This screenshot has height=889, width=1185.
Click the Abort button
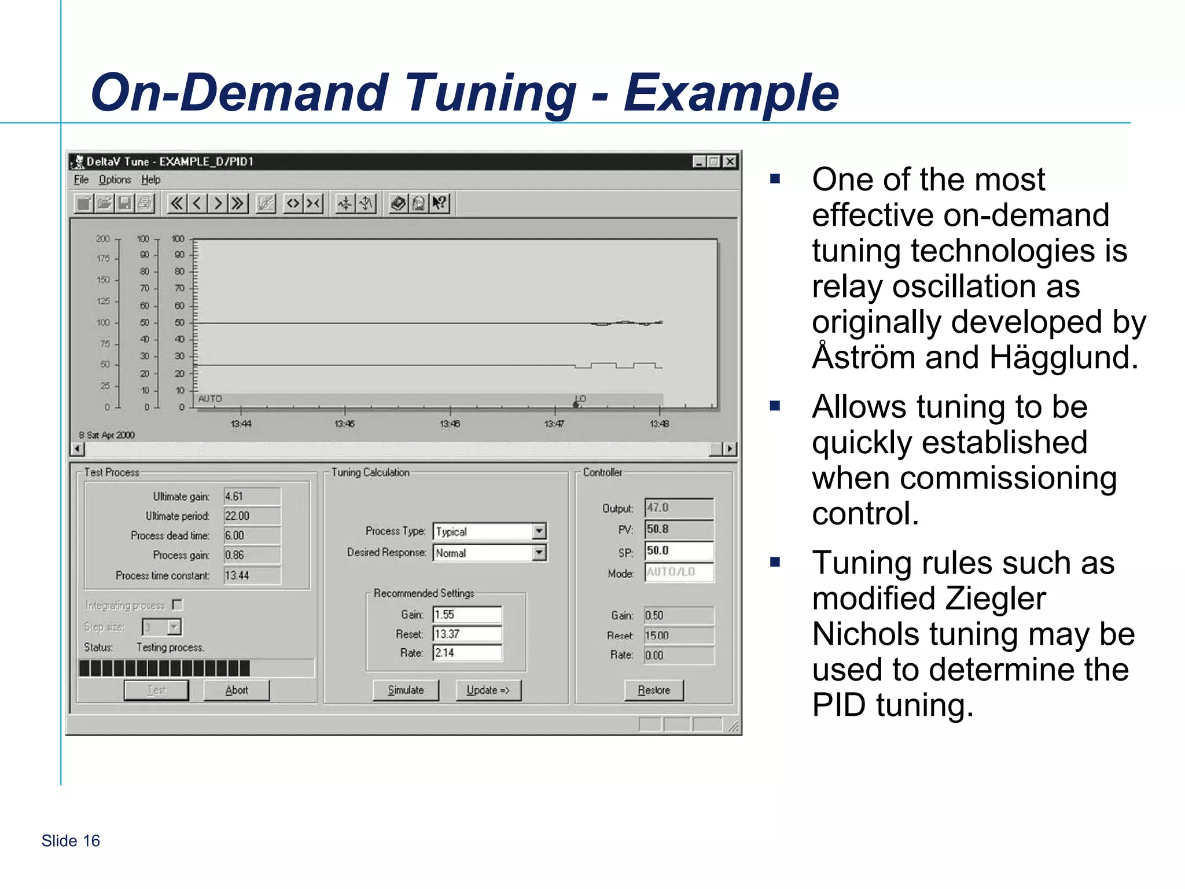[237, 690]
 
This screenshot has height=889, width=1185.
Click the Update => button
[488, 690]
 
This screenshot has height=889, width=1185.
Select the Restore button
[654, 690]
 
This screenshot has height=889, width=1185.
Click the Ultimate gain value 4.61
[252, 497]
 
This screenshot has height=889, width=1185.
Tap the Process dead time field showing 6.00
[252, 535]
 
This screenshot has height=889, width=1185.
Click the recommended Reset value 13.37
[467, 634]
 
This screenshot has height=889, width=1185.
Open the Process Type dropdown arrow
[539, 531]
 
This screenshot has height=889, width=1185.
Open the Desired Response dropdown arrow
[539, 553]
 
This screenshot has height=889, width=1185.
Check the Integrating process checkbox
[178, 605]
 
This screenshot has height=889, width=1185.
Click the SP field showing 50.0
[679, 550]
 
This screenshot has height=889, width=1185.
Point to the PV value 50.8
[679, 529]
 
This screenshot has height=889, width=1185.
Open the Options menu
[115, 179]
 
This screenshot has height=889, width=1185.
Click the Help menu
[151, 179]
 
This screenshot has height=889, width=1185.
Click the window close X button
[730, 161]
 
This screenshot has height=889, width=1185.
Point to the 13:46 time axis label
[450, 424]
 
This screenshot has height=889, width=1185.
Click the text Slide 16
[71, 840]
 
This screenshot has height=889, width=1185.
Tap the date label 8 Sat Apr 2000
[107, 435]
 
